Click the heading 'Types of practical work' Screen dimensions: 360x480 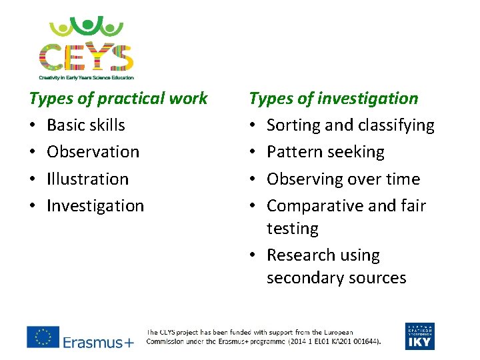tap(119, 99)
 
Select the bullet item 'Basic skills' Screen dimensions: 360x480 tap(86, 125)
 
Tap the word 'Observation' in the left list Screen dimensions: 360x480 tap(93, 152)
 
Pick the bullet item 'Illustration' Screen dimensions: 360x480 tap(87, 179)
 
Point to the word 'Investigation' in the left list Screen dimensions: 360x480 tap(95, 206)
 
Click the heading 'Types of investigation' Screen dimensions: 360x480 tap(333, 99)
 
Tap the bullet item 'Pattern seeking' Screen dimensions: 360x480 tap(325, 152)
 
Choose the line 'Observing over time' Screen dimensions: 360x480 tap(343, 179)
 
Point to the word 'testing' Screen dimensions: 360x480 tap(293, 229)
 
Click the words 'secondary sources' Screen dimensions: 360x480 tap(336, 278)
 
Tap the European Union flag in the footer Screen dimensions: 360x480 tap(43, 337)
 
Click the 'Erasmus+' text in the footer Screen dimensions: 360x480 tap(98, 343)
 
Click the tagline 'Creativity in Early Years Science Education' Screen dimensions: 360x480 tap(86, 77)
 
